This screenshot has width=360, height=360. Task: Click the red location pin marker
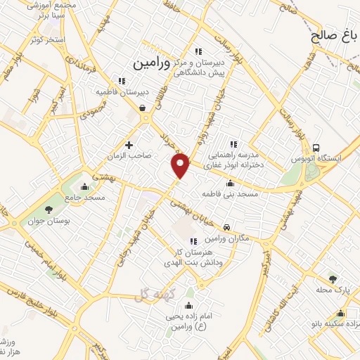[181, 166]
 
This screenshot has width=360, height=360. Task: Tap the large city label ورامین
[151, 63]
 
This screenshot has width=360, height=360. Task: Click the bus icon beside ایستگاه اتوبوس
[316, 148]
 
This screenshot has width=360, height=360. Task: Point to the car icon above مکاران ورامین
[228, 228]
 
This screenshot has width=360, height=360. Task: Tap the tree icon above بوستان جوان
[49, 210]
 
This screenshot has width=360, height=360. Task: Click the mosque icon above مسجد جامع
[85, 186]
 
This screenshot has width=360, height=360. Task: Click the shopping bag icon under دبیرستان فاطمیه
[143, 108]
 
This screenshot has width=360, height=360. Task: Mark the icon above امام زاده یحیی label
[188, 306]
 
